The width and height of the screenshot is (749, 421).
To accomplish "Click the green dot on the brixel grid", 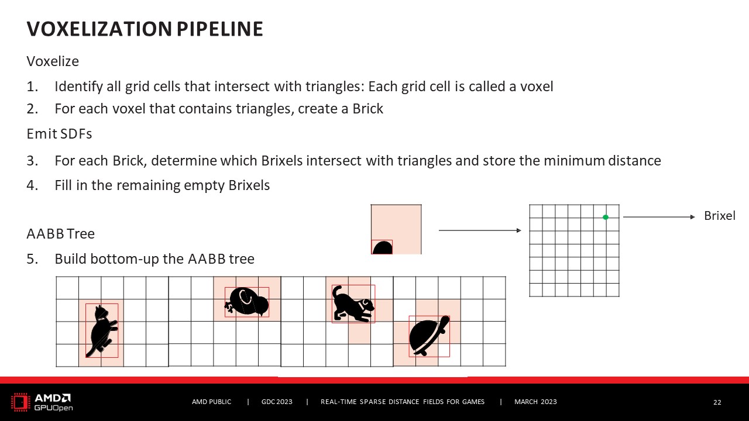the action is coord(606,218).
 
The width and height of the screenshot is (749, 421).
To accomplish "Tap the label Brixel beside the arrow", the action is coord(719,216).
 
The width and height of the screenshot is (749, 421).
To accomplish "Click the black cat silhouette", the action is coord(101,332).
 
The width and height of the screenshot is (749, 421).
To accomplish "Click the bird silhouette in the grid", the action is coord(247,302).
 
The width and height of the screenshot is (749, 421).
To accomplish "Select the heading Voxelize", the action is coord(53,61).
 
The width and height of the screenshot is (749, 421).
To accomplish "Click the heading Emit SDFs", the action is coord(59,134).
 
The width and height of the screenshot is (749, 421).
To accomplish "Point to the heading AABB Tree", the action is coord(60,234).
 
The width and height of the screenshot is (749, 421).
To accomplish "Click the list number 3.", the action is coord(32,161).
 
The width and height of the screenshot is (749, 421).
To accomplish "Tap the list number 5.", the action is coord(32,259).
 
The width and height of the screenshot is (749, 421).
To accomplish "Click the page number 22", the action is coord(717,402).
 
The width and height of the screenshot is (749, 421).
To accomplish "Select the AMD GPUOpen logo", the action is coord(42,402).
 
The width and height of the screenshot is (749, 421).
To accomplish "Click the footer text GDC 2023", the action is coord(277,402).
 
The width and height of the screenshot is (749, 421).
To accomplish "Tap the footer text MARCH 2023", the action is coord(535,402).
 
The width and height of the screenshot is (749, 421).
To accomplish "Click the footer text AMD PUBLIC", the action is coord(212,402).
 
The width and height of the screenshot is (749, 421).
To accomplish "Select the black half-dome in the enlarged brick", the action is coord(382,248).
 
